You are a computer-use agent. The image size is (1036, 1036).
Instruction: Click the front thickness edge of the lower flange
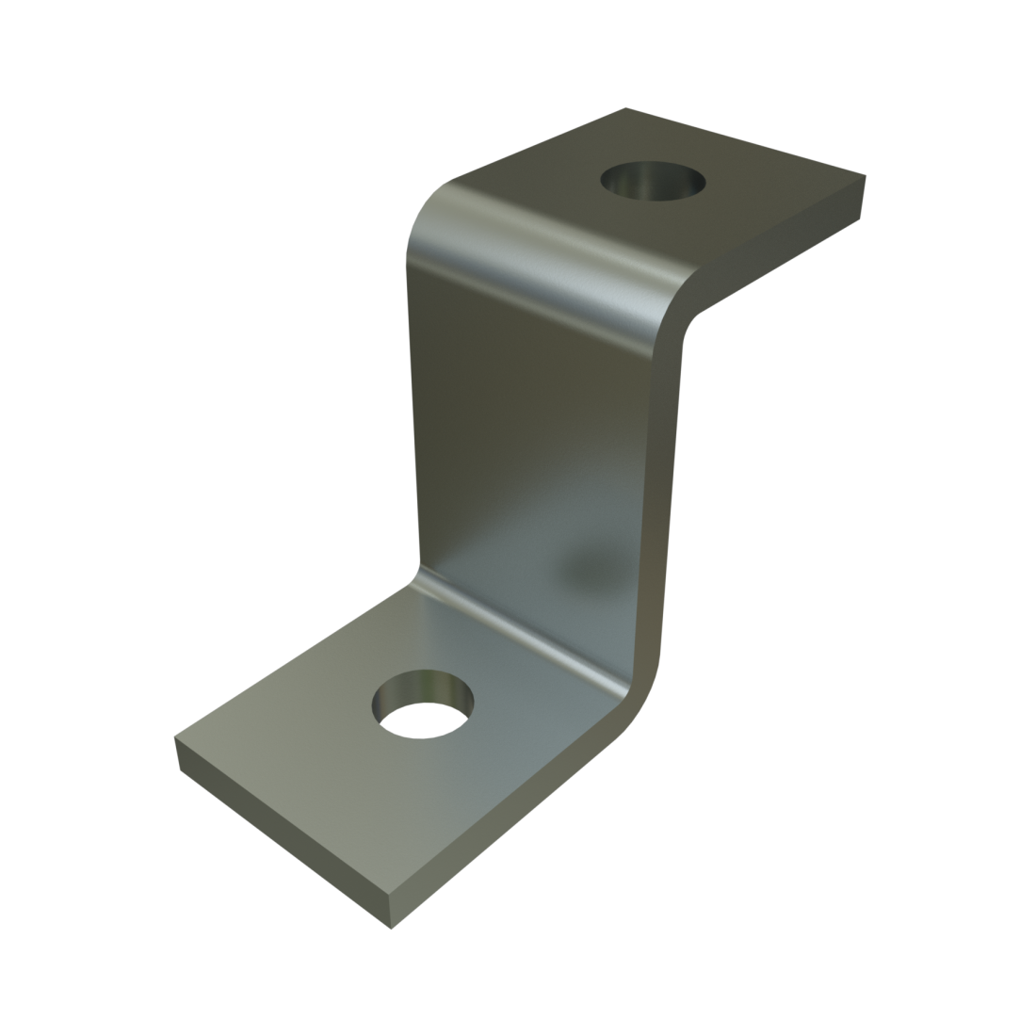283,838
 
